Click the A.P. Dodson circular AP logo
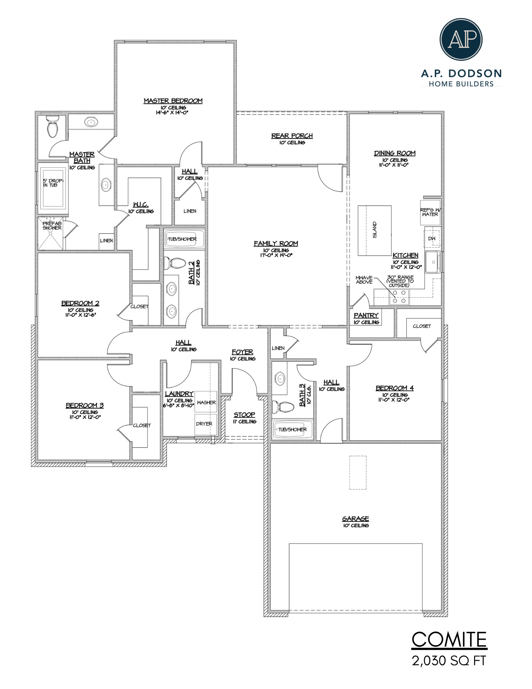point(461,39)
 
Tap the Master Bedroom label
point(173,101)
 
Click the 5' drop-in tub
point(53,188)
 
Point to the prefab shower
point(51,233)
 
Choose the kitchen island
point(374,230)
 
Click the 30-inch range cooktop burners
point(399,297)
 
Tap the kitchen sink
point(432,262)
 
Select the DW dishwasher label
point(432,238)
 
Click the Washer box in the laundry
point(206,402)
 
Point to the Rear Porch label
point(292,136)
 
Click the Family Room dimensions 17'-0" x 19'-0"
point(276,255)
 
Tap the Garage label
point(356,518)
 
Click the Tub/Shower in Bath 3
point(292,429)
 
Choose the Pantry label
point(366,315)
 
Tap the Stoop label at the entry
point(244,414)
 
